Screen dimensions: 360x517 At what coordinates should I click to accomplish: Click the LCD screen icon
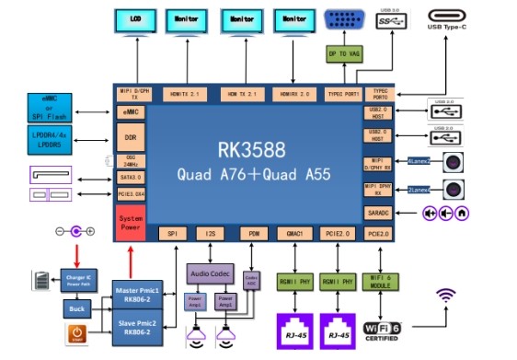(136, 19)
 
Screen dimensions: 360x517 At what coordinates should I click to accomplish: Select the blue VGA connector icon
(344, 19)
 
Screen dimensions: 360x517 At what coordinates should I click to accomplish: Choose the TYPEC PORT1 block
(343, 94)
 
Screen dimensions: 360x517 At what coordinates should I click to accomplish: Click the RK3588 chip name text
(251, 148)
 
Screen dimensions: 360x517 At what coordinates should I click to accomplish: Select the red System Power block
(132, 220)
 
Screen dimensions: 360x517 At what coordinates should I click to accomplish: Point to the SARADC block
(377, 213)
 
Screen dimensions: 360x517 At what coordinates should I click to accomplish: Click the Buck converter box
(78, 308)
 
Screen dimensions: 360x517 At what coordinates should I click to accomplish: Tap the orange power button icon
(76, 333)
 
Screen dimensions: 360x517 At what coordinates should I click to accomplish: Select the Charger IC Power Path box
(78, 276)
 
